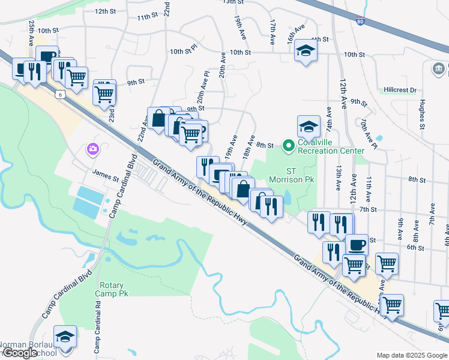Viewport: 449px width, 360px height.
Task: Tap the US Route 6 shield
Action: click(59, 94)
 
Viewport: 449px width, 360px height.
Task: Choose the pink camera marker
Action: click(92, 148)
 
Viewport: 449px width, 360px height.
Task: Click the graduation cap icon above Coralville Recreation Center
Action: click(309, 126)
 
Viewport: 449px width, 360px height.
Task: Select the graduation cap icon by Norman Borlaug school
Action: click(65, 335)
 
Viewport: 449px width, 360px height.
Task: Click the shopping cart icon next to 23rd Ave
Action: click(104, 92)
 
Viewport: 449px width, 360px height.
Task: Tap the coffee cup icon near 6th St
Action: click(357, 244)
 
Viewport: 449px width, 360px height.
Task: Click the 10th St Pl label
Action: click(183, 52)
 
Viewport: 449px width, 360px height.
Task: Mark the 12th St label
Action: click(105, 11)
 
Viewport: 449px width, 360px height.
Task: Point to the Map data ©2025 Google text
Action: click(411, 355)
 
